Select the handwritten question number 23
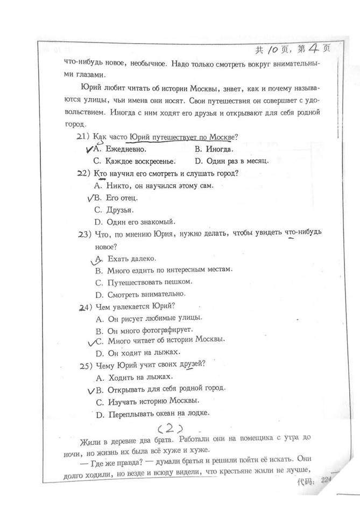[84, 234]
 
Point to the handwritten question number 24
[84, 308]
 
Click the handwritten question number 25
[84, 366]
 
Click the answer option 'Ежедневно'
[125, 149]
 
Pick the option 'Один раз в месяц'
[238, 161]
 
